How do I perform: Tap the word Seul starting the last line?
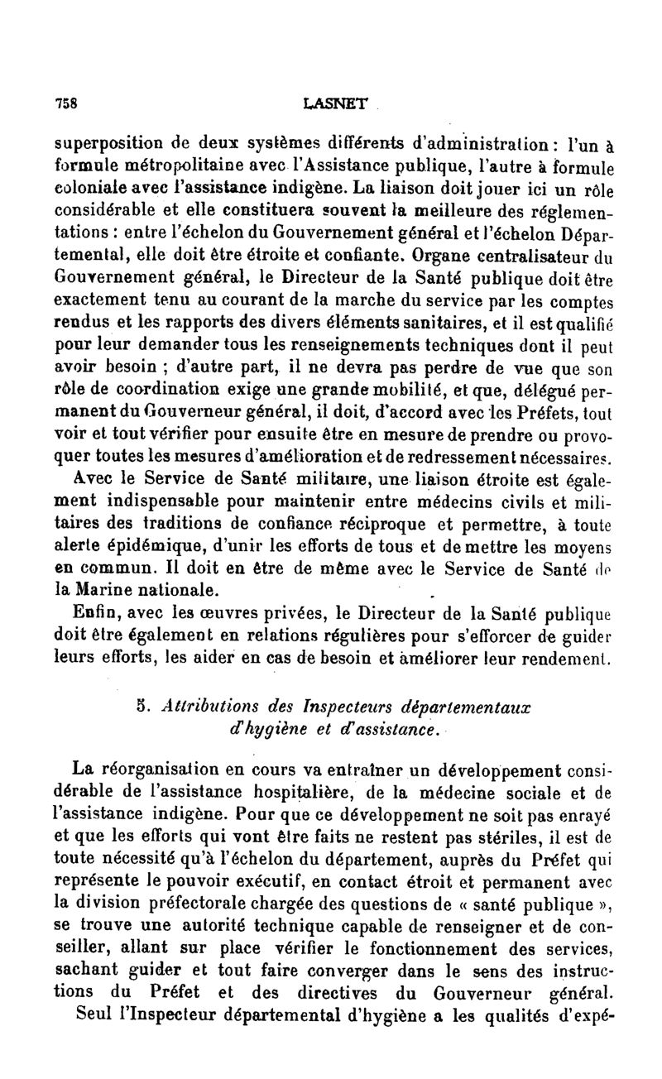94,1014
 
